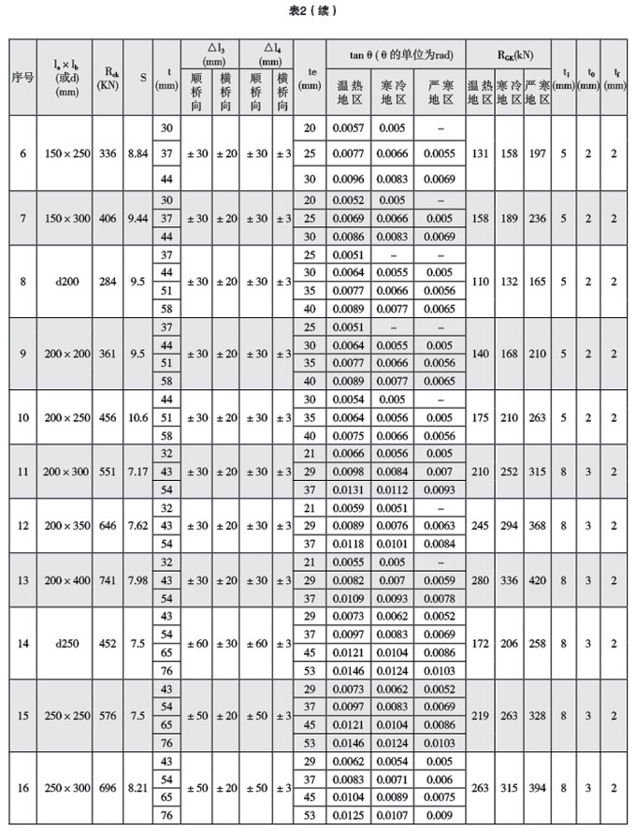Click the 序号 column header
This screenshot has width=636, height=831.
point(22,77)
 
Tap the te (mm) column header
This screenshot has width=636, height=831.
point(309,77)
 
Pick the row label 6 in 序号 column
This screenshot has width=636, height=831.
point(22,153)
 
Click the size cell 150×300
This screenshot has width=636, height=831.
point(67,218)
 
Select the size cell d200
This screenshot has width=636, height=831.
point(67,281)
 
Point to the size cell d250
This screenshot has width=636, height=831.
point(67,643)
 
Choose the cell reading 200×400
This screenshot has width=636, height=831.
point(67,580)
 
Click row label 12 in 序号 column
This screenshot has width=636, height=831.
point(22,526)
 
